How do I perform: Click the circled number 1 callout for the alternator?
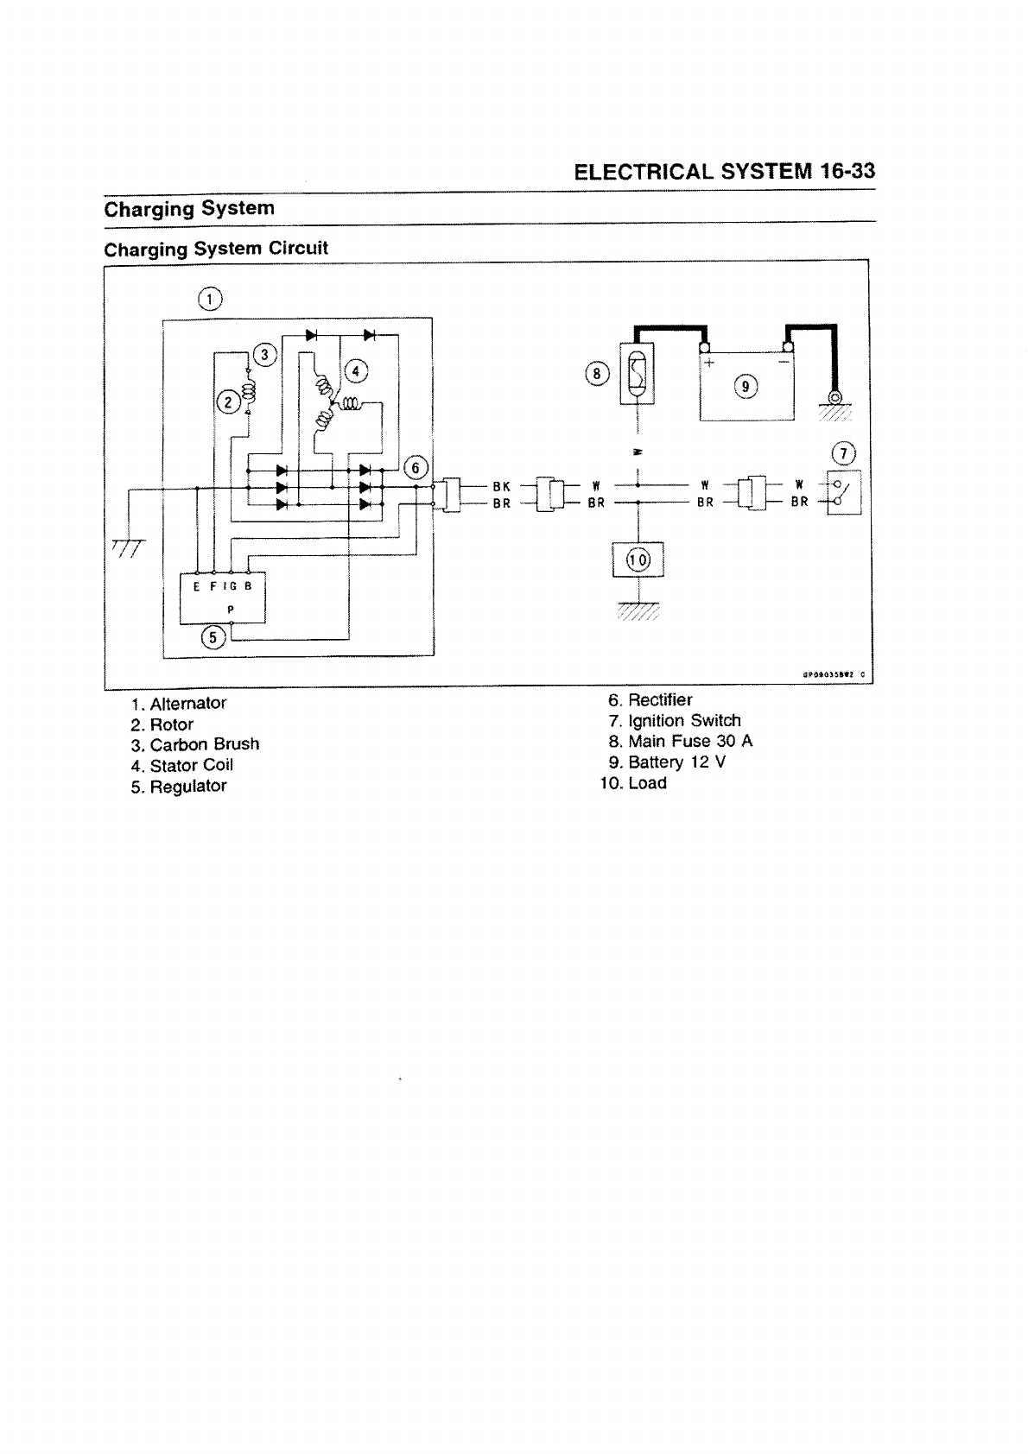(210, 299)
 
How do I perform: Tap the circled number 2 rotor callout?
(227, 401)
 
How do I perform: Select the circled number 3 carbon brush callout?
(266, 354)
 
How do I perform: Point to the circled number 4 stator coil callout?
(356, 372)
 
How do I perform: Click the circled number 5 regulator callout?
(213, 638)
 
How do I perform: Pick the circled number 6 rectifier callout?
(416, 467)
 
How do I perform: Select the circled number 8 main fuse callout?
(597, 374)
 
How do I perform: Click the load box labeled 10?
(638, 559)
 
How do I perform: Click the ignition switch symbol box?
(844, 494)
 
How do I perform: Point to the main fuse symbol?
(637, 373)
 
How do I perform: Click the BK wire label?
(501, 486)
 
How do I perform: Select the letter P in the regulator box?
(230, 609)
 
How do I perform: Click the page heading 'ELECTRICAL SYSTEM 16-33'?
(724, 171)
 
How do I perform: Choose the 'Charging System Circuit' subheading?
(216, 249)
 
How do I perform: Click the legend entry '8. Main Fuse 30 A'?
(680, 741)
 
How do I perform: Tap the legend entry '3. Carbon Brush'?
(195, 744)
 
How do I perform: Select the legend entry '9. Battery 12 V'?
(667, 762)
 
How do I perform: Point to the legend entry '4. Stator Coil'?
(182, 765)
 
